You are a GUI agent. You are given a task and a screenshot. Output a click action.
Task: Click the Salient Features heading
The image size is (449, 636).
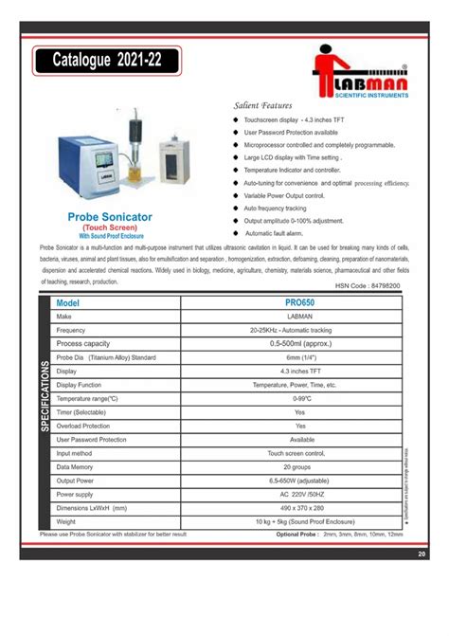tap(262, 106)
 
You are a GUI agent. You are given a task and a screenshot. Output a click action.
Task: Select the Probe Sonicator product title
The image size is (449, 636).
tap(110, 217)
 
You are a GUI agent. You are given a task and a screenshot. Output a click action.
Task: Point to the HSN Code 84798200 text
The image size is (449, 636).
tap(368, 283)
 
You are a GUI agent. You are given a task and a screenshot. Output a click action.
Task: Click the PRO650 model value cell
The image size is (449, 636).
tap(299, 302)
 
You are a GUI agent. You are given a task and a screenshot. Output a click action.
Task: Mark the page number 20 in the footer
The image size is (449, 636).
tap(421, 553)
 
